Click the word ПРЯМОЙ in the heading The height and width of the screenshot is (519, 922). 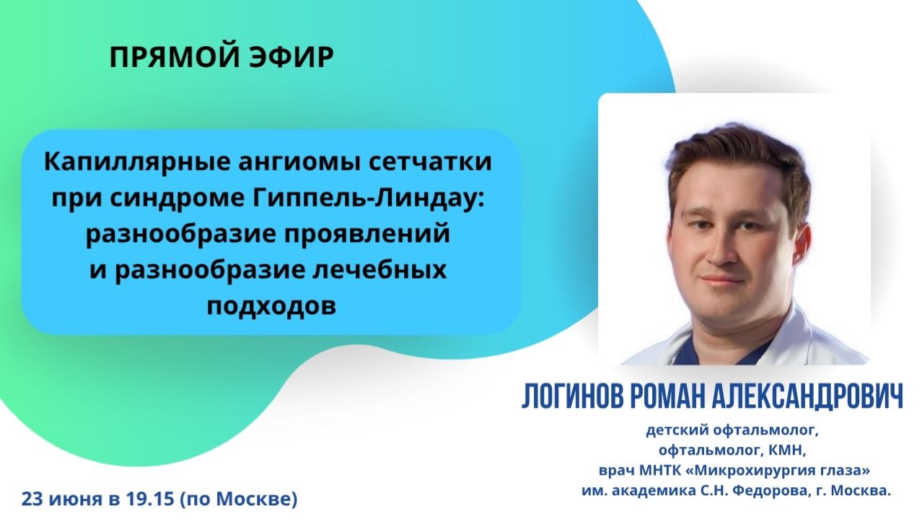[x=164, y=58]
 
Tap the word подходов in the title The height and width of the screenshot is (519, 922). [x=271, y=307]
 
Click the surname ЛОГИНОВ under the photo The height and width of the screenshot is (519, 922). [x=574, y=396]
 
